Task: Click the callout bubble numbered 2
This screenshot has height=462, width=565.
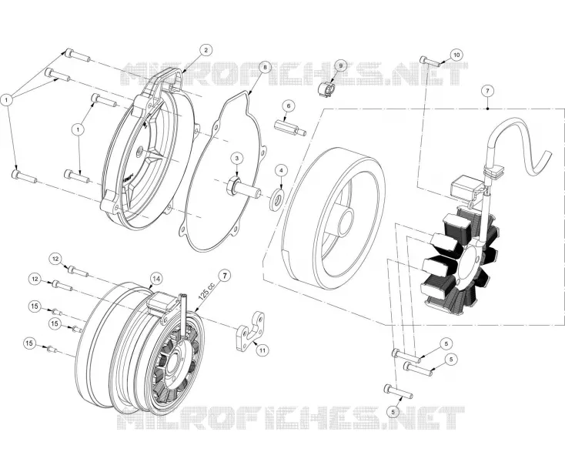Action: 206,50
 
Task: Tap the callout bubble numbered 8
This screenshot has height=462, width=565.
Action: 265,68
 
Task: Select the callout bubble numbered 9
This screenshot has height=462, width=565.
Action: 340,65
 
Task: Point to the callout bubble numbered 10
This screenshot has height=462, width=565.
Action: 456,55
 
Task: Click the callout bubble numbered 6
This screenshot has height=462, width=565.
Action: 288,106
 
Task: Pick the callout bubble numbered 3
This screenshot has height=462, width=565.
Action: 237,158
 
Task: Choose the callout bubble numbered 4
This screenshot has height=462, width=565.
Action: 282,169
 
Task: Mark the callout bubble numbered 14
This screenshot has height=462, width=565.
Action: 156,279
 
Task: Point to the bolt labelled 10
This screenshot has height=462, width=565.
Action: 430,62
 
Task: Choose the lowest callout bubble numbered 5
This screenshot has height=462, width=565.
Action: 393,410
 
